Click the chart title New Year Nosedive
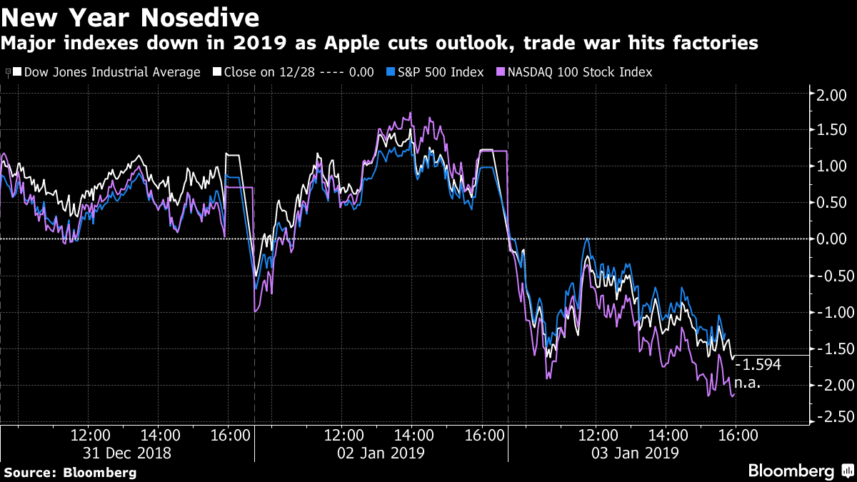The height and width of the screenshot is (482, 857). pos(131,16)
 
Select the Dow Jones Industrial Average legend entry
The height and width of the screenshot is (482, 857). pos(106,72)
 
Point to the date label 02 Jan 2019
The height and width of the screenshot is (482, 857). pos(381,453)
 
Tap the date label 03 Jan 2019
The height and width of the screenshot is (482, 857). pos(636,453)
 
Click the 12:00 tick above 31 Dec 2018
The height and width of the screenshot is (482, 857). pos(90,434)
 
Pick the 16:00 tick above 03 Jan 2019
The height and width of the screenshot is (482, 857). pos(737,434)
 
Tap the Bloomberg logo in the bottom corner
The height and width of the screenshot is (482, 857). pos(798,471)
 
